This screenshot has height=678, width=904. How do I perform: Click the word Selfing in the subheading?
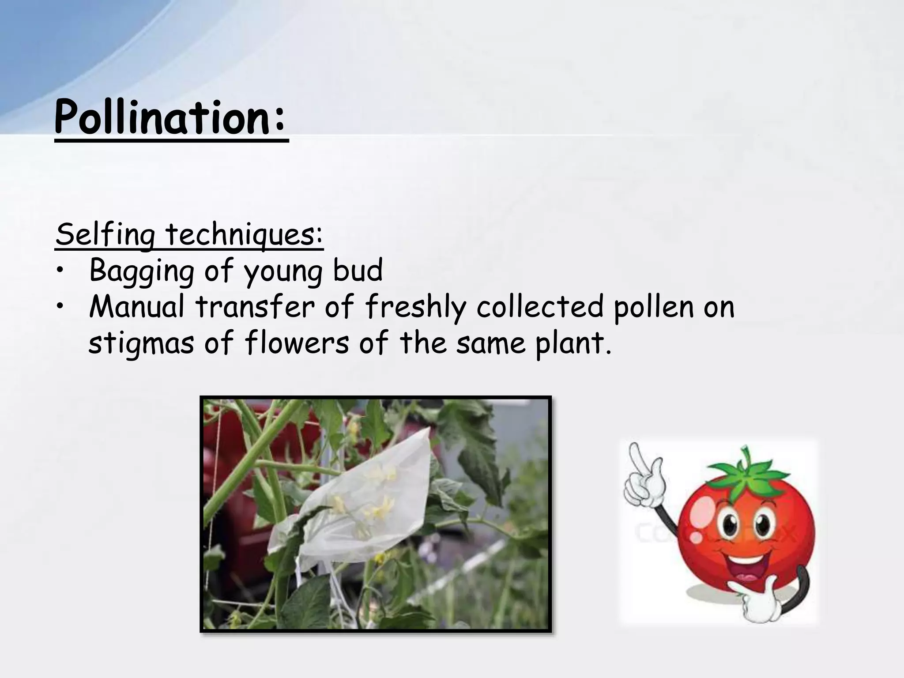[105, 235]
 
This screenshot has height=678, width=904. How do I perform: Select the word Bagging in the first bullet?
[141, 271]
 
